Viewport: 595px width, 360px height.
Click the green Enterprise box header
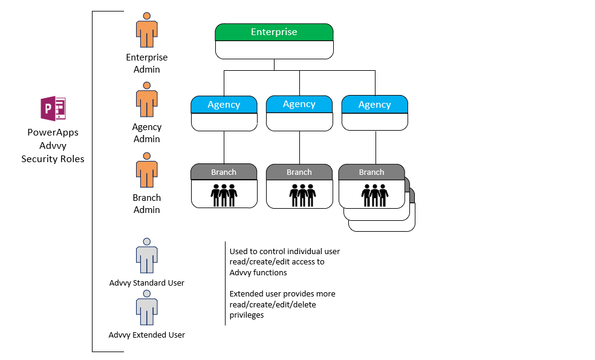pyautogui.click(x=274, y=32)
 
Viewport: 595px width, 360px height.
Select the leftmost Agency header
pyautogui.click(x=224, y=105)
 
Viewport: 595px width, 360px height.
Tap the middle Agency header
pyautogui.click(x=299, y=104)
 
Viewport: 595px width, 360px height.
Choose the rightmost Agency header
pyautogui.click(x=374, y=105)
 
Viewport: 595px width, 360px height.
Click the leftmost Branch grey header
pyautogui.click(x=224, y=172)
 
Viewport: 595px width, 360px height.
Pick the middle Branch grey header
pyautogui.click(x=299, y=172)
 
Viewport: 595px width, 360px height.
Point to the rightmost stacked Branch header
pyautogui.click(x=371, y=172)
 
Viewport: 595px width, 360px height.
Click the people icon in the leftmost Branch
pyautogui.click(x=224, y=194)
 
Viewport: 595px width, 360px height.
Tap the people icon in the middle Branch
pyautogui.click(x=302, y=194)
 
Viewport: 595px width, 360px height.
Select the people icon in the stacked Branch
pyautogui.click(x=374, y=194)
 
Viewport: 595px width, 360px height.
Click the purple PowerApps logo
pyautogui.click(x=53, y=110)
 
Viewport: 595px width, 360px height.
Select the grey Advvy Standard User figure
pyautogui.click(x=146, y=256)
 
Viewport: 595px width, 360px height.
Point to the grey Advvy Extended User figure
pyautogui.click(x=146, y=308)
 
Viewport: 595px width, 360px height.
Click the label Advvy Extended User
pyautogui.click(x=147, y=335)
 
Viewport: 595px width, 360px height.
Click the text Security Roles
pyautogui.click(x=53, y=159)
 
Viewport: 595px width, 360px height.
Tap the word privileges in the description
pyautogui.click(x=247, y=315)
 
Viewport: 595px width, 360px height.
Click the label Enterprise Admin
pyautogui.click(x=147, y=64)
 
